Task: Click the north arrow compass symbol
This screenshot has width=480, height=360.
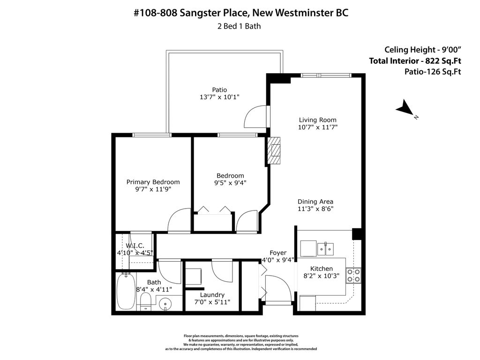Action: click(x=404, y=109)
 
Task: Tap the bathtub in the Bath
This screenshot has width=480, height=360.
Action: click(x=125, y=291)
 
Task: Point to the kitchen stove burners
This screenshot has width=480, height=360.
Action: click(x=354, y=275)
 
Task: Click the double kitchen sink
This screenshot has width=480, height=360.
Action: click(x=326, y=248)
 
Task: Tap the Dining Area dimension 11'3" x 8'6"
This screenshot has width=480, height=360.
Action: click(x=315, y=209)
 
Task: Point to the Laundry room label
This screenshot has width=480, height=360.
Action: click(x=212, y=295)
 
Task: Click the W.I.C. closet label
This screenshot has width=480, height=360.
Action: click(x=135, y=246)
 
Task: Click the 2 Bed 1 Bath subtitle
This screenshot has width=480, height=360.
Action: click(x=239, y=26)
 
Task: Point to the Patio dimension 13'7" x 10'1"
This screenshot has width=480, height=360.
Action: click(x=219, y=97)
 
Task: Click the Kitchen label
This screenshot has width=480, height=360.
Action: click(x=322, y=269)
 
